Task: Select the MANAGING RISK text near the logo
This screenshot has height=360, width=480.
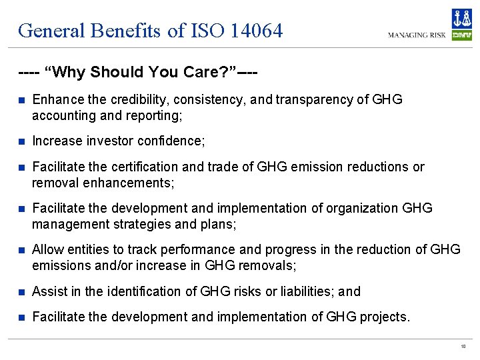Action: pos(417,35)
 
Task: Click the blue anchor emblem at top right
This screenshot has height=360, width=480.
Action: pos(461,19)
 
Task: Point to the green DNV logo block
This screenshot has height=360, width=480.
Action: pos(461,35)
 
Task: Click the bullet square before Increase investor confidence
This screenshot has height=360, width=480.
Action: pos(21,141)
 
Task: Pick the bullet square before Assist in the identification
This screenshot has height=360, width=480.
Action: pos(21,292)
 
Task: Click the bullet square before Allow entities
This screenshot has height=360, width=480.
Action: pos(21,250)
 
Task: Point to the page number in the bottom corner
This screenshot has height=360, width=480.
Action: pos(463,347)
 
